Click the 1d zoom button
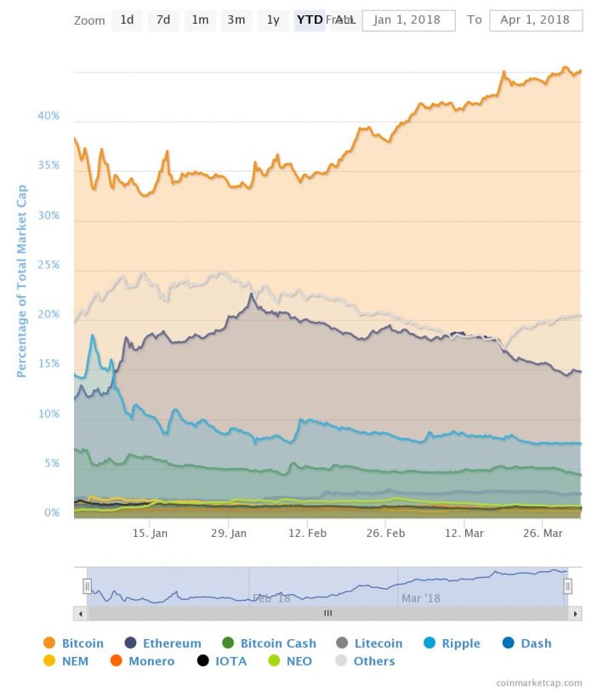pos(127,20)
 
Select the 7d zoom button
pos(163,20)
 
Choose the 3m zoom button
pos(236,20)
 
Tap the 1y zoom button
pos(272,20)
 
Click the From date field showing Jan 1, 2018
pos(408,20)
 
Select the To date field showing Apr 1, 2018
pos(535,20)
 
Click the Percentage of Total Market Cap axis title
pos(22,281)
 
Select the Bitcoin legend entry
pos(74,643)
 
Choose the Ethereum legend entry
pos(163,643)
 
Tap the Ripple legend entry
pos(452,643)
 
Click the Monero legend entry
pos(143,661)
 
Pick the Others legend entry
pos(366,661)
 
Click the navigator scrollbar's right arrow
pos(576,613)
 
